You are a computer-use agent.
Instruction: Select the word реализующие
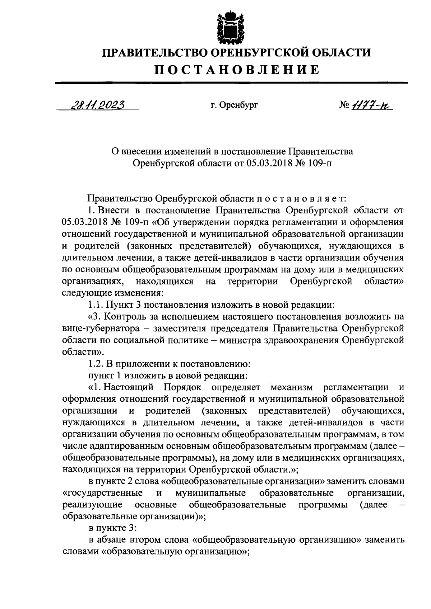click(x=92, y=505)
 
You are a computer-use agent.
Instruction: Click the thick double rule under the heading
click(x=232, y=82)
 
